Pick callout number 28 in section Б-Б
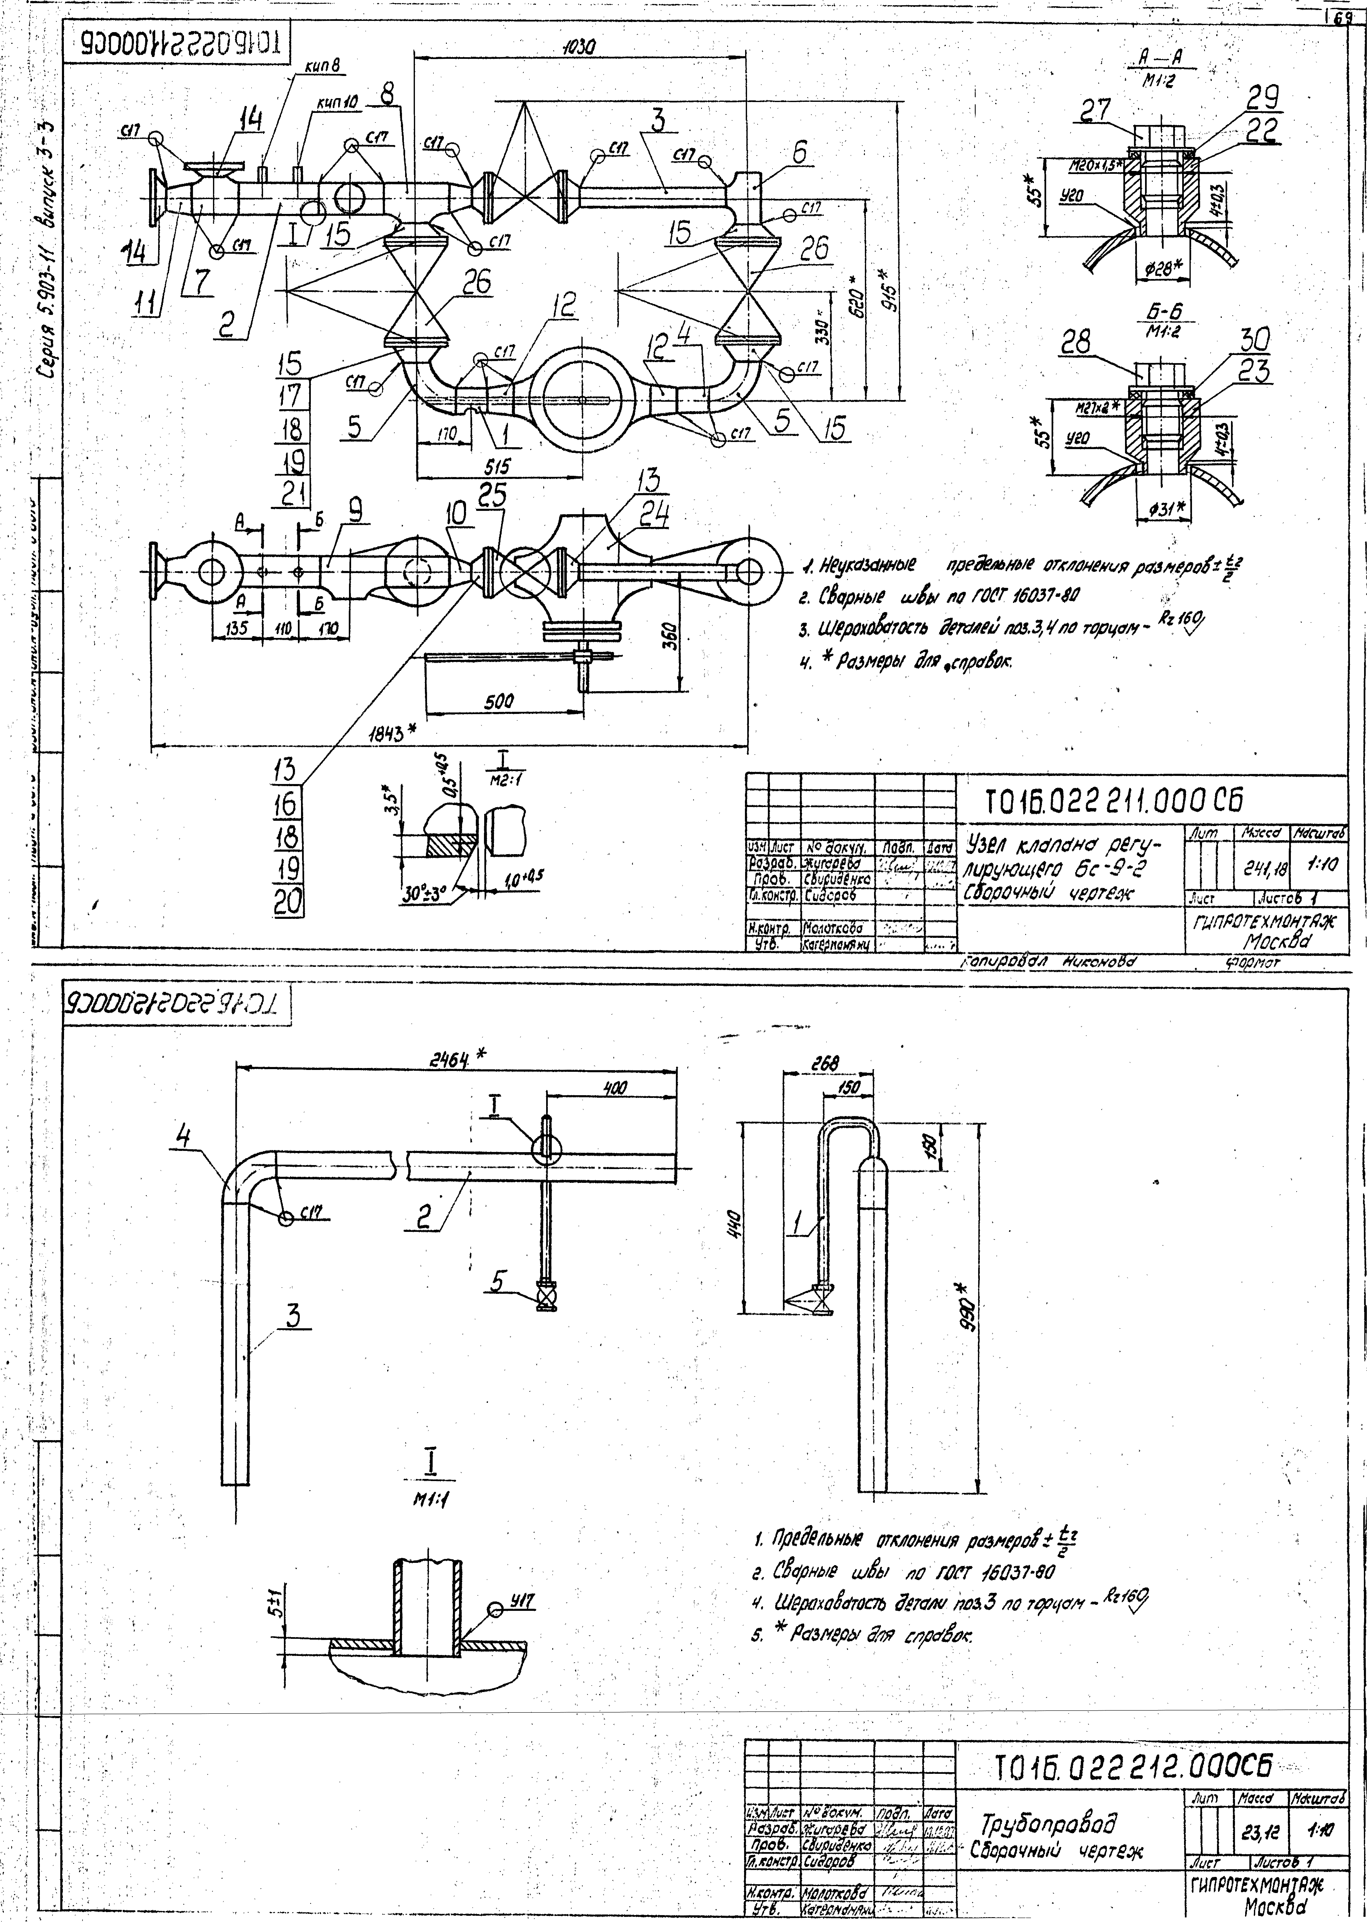(x=1077, y=342)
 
